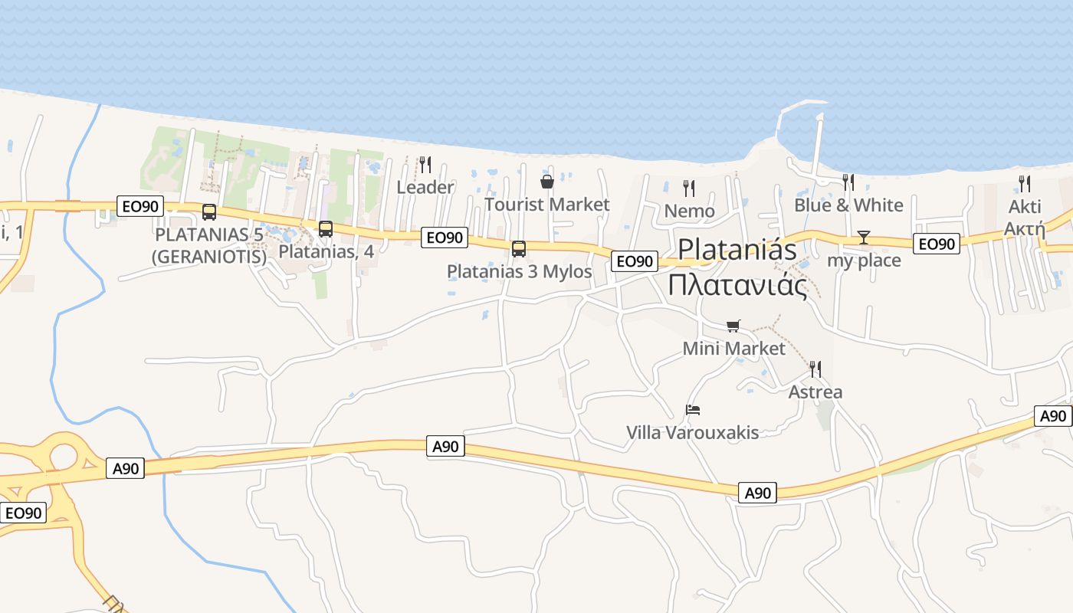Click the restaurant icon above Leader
[x=425, y=165]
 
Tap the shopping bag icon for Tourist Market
[x=547, y=182]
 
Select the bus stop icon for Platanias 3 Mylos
[x=519, y=249]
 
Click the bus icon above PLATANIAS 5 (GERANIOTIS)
[x=209, y=212]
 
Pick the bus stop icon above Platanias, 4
[x=326, y=229]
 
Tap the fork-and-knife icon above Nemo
[x=689, y=188]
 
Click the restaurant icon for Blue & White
[x=848, y=182]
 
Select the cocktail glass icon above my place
[x=864, y=238]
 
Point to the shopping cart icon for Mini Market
[x=733, y=326]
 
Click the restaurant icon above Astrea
[x=815, y=369]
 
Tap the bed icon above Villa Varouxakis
[x=693, y=410]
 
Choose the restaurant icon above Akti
[x=1025, y=184]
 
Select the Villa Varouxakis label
[x=693, y=433]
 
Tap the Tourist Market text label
[x=547, y=205]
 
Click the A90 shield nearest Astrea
[x=758, y=493]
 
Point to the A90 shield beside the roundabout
[x=126, y=468]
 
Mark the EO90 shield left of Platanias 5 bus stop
[x=139, y=205]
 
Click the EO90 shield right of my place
[x=937, y=244]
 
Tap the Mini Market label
[x=733, y=349]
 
